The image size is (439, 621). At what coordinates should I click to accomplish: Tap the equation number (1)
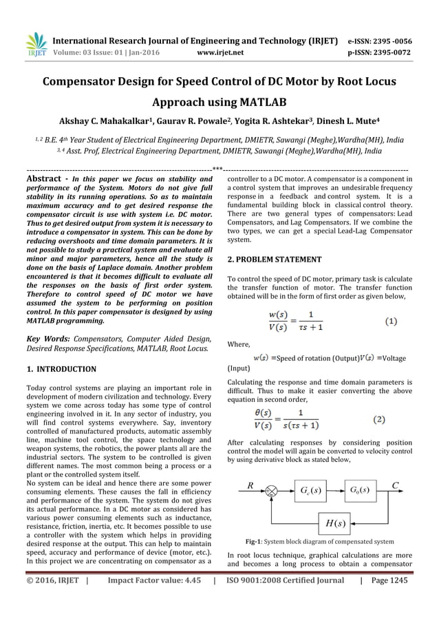389,322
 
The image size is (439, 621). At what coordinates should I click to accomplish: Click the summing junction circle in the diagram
271,492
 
